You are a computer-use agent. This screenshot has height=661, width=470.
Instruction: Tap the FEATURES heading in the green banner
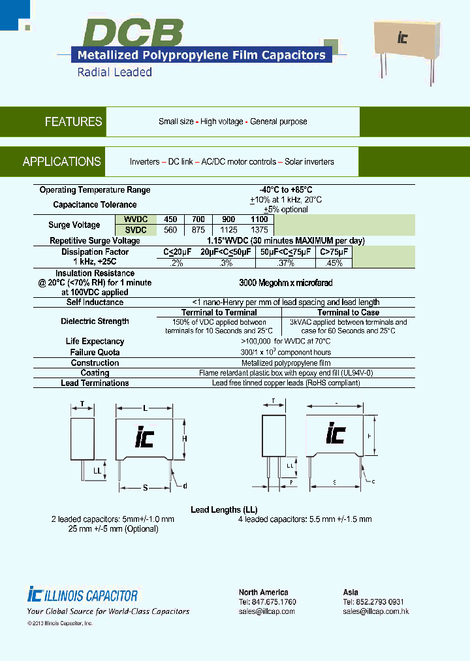[x=73, y=121]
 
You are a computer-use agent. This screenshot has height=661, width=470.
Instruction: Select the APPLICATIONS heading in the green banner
[x=62, y=161]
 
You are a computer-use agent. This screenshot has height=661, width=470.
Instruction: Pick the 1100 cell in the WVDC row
[x=259, y=219]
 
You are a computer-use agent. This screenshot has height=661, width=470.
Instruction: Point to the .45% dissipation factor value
[x=334, y=263]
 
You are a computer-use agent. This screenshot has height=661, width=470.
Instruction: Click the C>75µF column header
[x=334, y=252]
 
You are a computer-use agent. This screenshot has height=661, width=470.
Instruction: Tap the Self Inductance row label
[x=95, y=302]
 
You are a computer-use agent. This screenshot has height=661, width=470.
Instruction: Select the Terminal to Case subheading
[x=348, y=312]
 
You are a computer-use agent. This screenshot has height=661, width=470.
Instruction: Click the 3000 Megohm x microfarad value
[x=286, y=283]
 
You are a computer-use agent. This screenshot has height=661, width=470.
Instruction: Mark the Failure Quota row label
[x=95, y=352]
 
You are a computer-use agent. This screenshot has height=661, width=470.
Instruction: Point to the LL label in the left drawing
[x=97, y=470]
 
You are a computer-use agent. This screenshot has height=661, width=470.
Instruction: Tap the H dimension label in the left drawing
[x=185, y=438]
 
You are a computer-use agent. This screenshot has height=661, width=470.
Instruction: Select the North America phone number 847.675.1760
[x=268, y=602]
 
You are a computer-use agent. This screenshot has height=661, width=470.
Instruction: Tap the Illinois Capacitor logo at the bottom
[x=83, y=595]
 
